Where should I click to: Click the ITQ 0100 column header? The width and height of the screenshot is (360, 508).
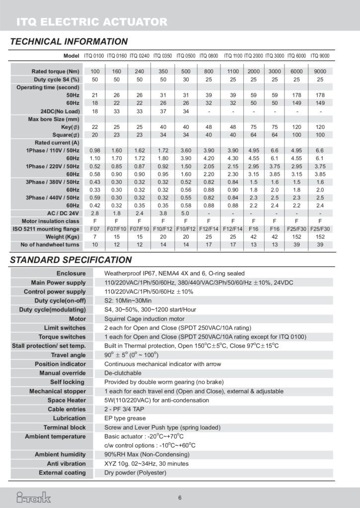coord(95,56)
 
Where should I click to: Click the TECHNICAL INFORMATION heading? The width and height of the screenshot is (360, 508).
coord(69,42)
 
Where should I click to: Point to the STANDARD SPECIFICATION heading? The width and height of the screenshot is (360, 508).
coord(71,260)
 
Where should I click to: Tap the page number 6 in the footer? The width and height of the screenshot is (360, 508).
coord(180,498)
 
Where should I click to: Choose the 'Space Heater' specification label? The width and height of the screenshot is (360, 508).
coord(67,400)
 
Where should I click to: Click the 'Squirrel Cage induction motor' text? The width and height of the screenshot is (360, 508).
coord(144,319)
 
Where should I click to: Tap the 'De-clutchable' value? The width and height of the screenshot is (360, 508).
coord(123,373)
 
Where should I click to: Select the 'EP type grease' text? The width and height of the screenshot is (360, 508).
coord(125,418)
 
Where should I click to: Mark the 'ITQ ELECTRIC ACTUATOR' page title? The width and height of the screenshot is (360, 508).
coord(92,22)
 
